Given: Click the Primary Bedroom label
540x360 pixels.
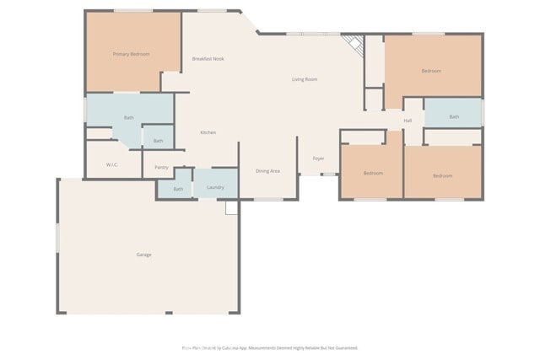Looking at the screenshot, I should tap(132, 54).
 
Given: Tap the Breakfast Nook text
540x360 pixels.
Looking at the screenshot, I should tap(208, 59).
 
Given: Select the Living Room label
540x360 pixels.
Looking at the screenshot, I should tap(305, 79).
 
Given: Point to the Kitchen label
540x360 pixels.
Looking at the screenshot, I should tap(208, 133).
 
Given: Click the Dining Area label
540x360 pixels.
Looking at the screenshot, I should tap(267, 171).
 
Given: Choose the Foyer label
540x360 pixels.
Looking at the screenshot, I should tap(318, 159).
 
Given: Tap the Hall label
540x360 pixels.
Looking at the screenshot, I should tap(408, 121).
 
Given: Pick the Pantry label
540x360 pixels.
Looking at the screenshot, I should tap(161, 167).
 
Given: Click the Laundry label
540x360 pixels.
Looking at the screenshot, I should tap(215, 187).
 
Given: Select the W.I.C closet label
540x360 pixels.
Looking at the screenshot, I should tap(111, 164).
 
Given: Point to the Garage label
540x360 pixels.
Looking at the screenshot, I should tap(144, 255).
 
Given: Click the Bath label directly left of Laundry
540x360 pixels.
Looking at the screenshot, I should tap(178, 189).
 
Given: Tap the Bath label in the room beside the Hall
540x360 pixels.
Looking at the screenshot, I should tap(454, 117).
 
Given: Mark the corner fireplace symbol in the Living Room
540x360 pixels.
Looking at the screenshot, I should tap(354, 46).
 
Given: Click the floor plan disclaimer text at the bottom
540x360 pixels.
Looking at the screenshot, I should tap(270, 347).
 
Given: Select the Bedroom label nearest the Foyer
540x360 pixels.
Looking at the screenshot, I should tap(373, 173).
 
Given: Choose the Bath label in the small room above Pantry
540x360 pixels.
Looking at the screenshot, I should tap(158, 141).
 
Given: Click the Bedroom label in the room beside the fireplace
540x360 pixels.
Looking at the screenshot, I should tap(431, 71).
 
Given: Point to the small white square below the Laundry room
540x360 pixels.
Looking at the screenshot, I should tap(232, 207).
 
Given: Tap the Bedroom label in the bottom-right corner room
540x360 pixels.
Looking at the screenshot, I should tap(443, 175).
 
